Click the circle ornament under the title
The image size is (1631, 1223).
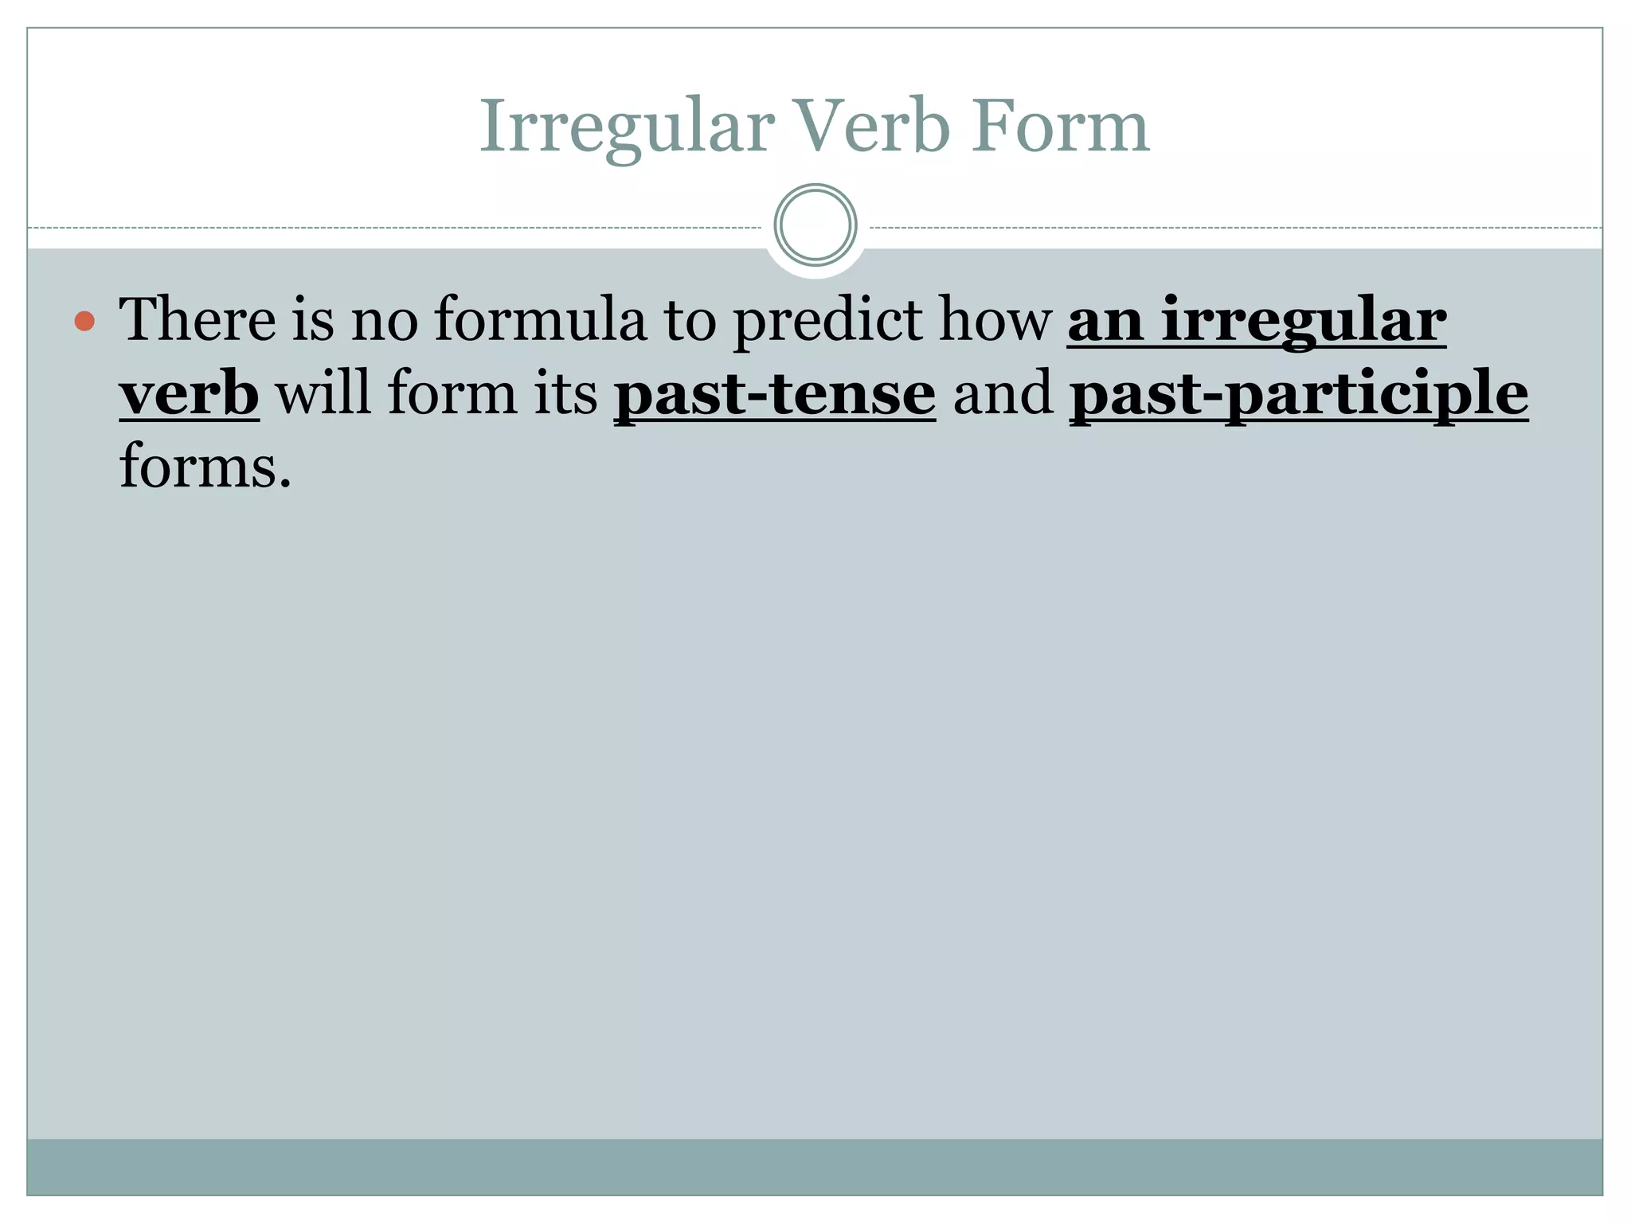tap(815, 225)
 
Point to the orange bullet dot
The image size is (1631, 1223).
tap(84, 322)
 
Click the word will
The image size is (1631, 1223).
tap(323, 393)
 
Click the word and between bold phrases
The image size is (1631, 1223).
tap(1003, 393)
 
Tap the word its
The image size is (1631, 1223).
tap(565, 393)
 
